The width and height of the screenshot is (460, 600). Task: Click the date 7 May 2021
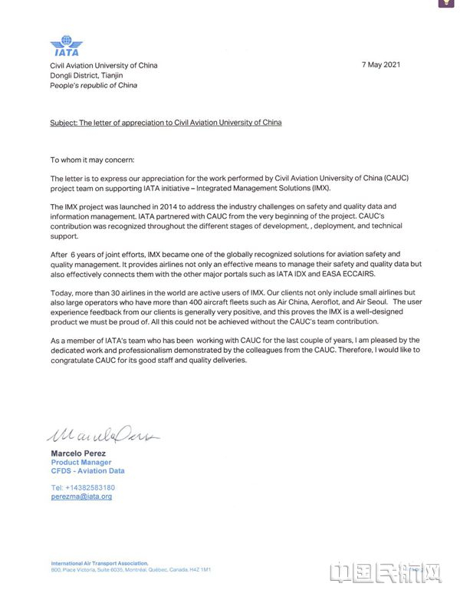[382, 65]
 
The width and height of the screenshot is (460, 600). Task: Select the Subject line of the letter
[166, 123]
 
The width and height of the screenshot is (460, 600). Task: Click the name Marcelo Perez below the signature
[80, 453]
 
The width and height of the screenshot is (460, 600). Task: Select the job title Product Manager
[81, 463]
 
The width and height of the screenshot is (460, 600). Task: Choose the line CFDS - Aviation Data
[87, 471]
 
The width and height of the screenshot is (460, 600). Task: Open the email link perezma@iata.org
[81, 497]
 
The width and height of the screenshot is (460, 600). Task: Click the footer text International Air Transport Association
[99, 562]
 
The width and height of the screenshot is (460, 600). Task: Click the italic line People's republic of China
[94, 85]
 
